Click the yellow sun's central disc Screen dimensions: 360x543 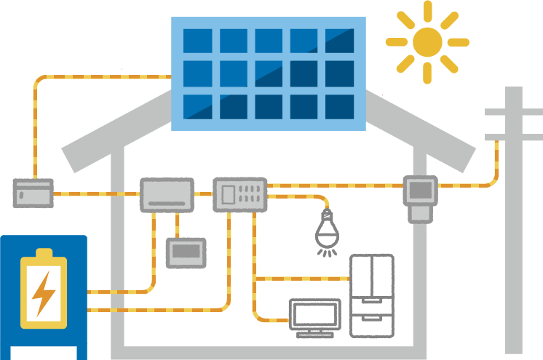pos(427,42)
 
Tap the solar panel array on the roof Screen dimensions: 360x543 pos(268,73)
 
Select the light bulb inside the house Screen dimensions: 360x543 pos(327,232)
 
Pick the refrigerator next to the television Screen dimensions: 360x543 pos(371,295)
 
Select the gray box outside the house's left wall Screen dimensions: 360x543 pos(33,193)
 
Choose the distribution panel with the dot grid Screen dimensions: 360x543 pos(239,194)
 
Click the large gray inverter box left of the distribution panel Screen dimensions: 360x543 pos(167,195)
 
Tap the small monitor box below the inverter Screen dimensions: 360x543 pos(186,252)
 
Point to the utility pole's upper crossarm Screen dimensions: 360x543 pos(512,113)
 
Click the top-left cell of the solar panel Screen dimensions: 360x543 pos(197,41)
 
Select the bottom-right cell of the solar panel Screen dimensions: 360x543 pos(339,106)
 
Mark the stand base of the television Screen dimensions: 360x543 pos(314,334)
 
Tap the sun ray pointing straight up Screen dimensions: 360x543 pos(427,10)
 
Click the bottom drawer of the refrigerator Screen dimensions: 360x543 pos(371,323)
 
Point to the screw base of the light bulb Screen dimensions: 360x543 pos(327,215)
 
